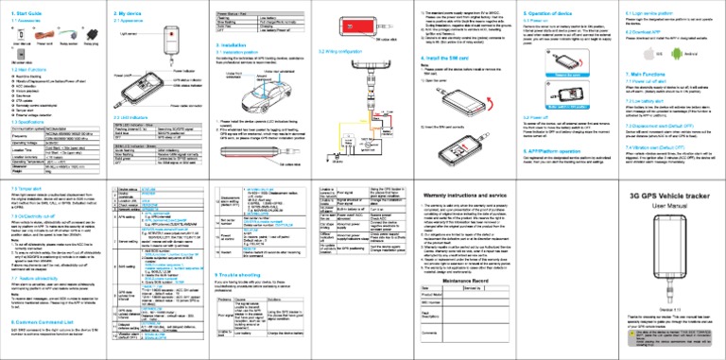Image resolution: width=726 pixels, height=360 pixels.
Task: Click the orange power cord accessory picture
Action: pos(40,36)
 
